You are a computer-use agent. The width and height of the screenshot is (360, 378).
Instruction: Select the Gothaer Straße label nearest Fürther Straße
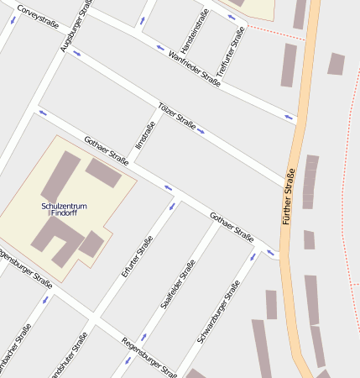point(232,226)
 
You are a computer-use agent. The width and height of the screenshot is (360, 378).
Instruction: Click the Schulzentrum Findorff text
point(64,210)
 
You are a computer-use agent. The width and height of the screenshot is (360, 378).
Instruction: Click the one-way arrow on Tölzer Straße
point(201,131)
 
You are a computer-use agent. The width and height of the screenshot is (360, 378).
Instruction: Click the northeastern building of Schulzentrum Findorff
point(103,173)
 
